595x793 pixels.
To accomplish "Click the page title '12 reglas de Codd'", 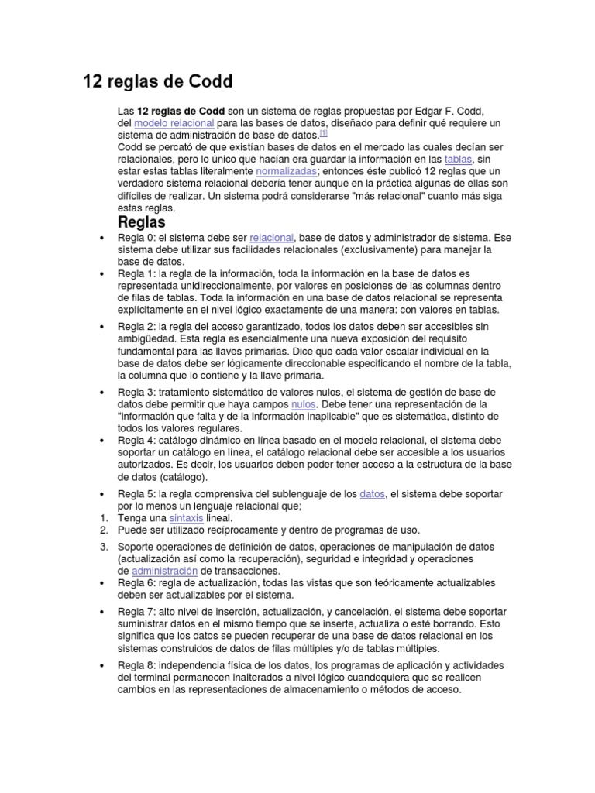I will [157, 81].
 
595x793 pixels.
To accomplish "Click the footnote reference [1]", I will [323, 133].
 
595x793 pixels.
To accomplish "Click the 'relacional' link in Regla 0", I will [271, 238].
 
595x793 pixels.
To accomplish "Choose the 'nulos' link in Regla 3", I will [303, 404].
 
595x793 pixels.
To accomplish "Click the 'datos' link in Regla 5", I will [373, 493].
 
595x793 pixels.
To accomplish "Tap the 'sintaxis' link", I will [180, 517].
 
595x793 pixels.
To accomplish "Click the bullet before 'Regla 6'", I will [103, 582].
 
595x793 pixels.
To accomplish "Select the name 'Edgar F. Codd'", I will [455, 111].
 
